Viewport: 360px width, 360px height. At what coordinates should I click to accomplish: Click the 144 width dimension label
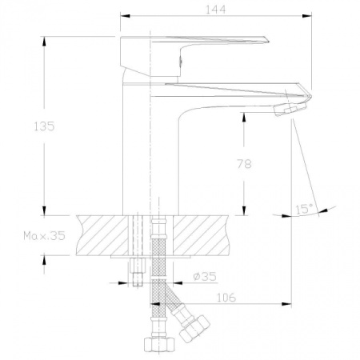pos(216,10)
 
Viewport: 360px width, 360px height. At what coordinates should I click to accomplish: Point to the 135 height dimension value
pos(44,126)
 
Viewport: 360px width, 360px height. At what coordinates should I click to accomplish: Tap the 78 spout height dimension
pos(244,164)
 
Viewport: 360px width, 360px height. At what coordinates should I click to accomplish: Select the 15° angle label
pos(305,209)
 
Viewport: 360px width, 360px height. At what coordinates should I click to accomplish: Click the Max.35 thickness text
pos(44,236)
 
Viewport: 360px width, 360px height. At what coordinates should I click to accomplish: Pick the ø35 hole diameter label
pos(205,277)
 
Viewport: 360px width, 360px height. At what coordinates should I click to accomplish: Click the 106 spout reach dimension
pos(226,298)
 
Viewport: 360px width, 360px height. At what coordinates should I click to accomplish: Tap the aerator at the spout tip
pos(290,110)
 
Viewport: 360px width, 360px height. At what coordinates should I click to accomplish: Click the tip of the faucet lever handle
pos(268,41)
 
